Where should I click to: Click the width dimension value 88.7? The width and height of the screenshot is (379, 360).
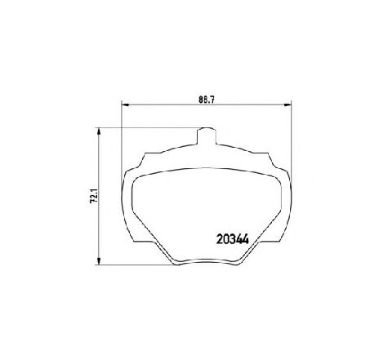click(x=207, y=100)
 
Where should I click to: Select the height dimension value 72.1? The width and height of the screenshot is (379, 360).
click(x=94, y=195)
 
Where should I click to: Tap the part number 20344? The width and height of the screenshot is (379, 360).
click(x=233, y=239)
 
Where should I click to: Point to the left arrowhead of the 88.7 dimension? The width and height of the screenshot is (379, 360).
click(x=125, y=104)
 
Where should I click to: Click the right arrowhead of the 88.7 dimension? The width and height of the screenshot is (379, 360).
click(x=288, y=104)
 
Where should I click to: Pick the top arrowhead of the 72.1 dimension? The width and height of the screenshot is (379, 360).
click(x=99, y=131)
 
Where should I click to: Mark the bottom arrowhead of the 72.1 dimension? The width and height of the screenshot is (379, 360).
click(x=99, y=261)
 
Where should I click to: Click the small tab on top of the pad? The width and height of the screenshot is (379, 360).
click(x=207, y=136)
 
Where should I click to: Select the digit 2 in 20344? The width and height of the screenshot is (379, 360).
click(x=220, y=239)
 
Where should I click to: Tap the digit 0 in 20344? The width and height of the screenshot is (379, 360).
click(x=226, y=239)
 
